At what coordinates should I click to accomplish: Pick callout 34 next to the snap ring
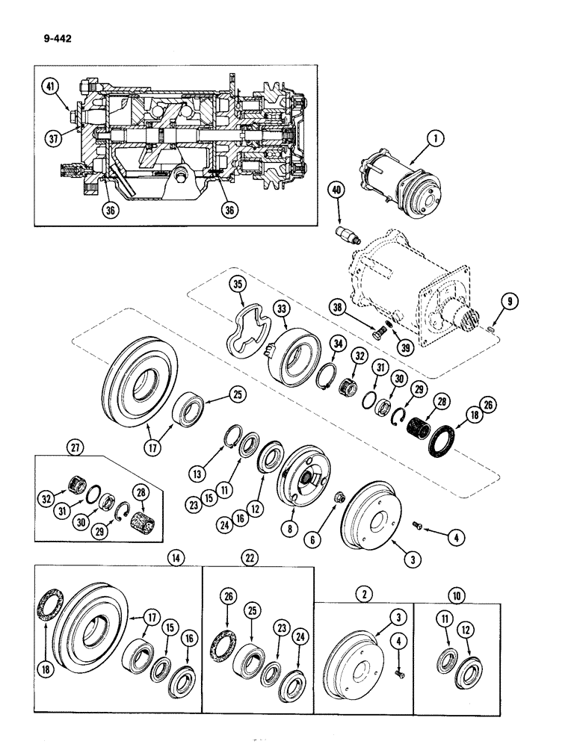[339, 343]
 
